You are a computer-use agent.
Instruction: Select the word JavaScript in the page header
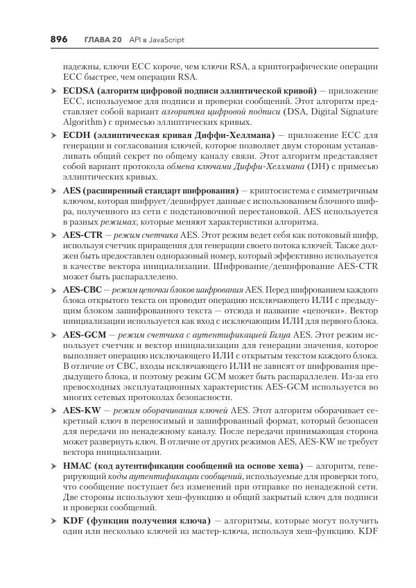click(x=166, y=40)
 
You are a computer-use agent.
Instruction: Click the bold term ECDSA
click(x=78, y=91)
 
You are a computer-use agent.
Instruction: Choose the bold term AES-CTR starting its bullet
click(x=80, y=235)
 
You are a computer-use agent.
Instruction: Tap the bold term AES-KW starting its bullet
click(x=80, y=410)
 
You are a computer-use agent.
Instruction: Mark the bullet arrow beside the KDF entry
click(x=54, y=521)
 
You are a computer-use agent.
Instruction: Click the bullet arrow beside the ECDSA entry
click(x=54, y=92)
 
